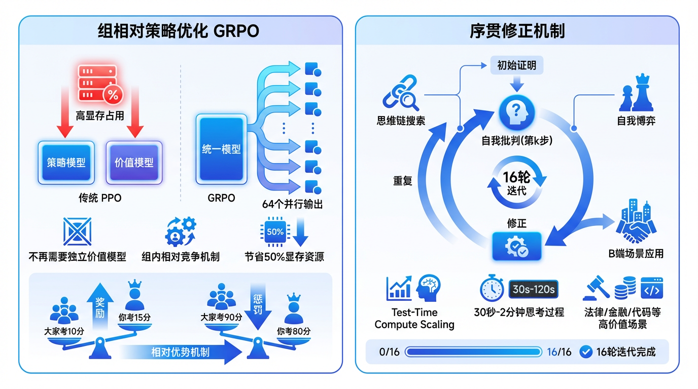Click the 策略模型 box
point(66,163)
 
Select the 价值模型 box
point(134,163)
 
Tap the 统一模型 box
point(221,149)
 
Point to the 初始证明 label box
point(516,65)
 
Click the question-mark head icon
point(516,113)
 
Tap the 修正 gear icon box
point(516,246)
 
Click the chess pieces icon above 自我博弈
point(635,93)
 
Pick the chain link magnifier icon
point(401,93)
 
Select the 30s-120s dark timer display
point(533,290)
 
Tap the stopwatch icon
point(492,289)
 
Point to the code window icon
point(652,288)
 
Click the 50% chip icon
point(275,232)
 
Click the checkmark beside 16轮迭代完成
point(586,352)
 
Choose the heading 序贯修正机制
point(517,31)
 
